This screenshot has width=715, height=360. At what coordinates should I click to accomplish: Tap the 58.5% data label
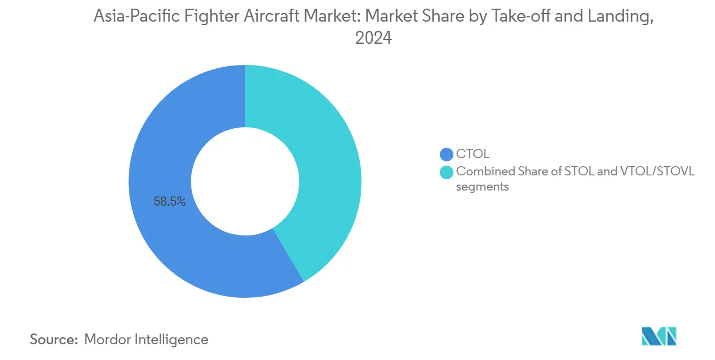(170, 202)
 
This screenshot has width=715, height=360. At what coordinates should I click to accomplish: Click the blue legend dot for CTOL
(447, 154)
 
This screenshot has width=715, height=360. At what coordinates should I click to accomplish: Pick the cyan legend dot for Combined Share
(447, 172)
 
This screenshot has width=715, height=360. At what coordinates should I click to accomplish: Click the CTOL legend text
(473, 154)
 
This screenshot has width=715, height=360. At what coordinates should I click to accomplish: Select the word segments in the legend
(482, 187)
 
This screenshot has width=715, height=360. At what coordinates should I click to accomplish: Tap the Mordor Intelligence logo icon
(659, 337)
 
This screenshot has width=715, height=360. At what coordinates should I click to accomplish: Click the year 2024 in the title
(373, 38)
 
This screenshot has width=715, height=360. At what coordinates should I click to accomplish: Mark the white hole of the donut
(245, 181)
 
